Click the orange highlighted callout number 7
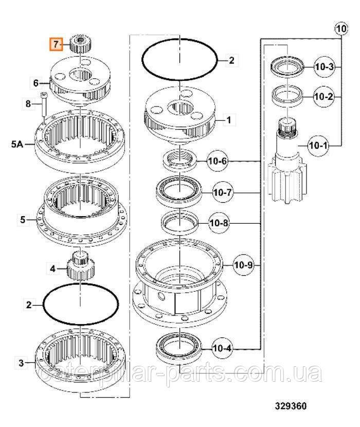[56, 44]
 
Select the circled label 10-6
[217, 161]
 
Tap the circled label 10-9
[243, 265]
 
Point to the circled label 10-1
[318, 146]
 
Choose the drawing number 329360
[291, 406]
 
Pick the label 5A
[17, 144]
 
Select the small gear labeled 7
[80, 44]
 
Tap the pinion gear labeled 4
[80, 265]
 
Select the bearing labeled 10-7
[178, 192]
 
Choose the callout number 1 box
[229, 120]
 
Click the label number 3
[21, 363]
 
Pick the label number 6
[35, 82]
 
